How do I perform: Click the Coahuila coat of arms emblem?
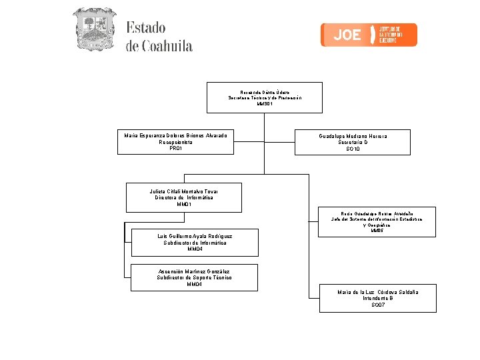(x=94, y=29)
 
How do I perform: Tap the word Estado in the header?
(x=145, y=28)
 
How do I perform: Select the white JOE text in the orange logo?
(x=347, y=35)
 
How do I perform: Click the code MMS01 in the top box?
(x=265, y=104)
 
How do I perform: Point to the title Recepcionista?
(x=175, y=142)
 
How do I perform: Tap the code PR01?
(x=175, y=148)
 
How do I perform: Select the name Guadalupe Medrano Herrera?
(x=353, y=136)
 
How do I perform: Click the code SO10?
(x=353, y=149)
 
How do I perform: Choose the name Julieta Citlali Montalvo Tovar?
(x=184, y=191)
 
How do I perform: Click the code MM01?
(x=184, y=204)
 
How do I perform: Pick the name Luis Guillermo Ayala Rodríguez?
(x=195, y=236)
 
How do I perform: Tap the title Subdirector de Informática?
(x=195, y=243)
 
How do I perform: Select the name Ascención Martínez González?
(x=194, y=271)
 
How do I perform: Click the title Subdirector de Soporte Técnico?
(x=194, y=278)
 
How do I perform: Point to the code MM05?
(x=377, y=231)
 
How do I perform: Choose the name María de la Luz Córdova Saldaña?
(x=378, y=292)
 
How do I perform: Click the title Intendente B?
(x=378, y=298)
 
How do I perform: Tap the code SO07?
(x=378, y=305)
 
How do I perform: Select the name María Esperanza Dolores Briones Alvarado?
(x=175, y=136)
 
